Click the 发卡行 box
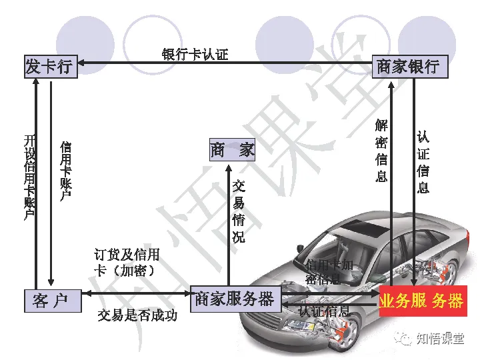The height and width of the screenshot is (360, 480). click(x=48, y=67)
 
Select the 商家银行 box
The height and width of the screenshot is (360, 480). click(x=408, y=67)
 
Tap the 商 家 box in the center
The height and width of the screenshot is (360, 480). click(x=232, y=150)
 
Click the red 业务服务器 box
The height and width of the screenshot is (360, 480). click(x=421, y=301)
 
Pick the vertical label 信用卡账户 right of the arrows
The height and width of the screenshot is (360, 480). click(x=66, y=170)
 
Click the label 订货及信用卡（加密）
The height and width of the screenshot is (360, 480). click(x=127, y=262)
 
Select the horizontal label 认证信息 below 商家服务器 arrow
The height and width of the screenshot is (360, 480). click(x=324, y=311)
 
